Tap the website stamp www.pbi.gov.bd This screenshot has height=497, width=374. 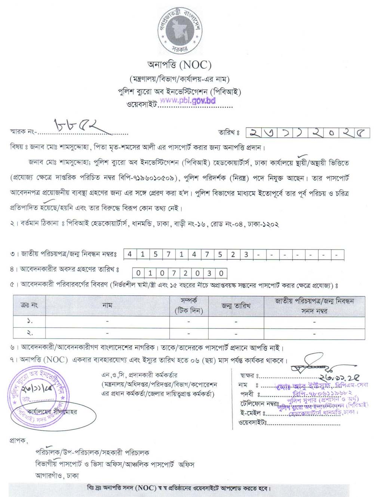[188, 101]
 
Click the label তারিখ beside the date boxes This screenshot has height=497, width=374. [229, 132]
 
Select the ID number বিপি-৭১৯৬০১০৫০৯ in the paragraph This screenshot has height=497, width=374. [148, 178]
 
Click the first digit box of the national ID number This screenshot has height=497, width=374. [129, 254]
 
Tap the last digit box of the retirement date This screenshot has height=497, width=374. [221, 273]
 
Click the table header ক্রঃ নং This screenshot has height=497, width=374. [29, 305]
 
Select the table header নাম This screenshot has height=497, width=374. [107, 305]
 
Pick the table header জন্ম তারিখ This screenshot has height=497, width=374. [236, 306]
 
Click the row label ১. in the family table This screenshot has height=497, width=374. [30, 321]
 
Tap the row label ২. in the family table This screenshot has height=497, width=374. [30, 333]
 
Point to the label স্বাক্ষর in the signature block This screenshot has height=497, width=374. [248, 375]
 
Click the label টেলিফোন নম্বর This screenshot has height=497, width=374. [259, 404]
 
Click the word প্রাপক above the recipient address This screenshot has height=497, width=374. [18, 441]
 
